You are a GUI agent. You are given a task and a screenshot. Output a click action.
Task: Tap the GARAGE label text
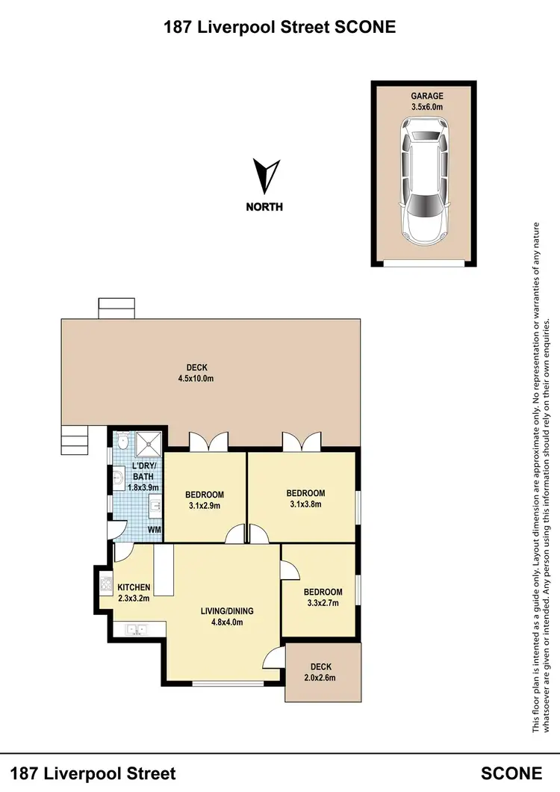click(426, 96)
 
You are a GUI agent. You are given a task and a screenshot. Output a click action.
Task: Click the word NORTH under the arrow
click(264, 207)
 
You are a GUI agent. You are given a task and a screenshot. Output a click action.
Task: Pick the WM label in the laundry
click(154, 530)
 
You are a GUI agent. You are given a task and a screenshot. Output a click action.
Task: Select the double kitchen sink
click(135, 629)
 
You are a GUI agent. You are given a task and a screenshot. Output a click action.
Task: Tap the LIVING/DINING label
click(227, 610)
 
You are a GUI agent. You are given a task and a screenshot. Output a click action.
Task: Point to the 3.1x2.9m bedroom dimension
click(205, 506)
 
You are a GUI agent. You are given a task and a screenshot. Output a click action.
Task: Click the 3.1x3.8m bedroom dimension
click(305, 504)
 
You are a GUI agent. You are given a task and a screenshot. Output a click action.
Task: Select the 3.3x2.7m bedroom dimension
click(323, 603)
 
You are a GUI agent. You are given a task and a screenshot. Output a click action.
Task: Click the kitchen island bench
click(164, 571)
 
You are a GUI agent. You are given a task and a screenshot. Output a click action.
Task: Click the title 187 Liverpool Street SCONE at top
click(279, 28)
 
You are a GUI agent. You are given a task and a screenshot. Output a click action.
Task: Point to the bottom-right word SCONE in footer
click(511, 773)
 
